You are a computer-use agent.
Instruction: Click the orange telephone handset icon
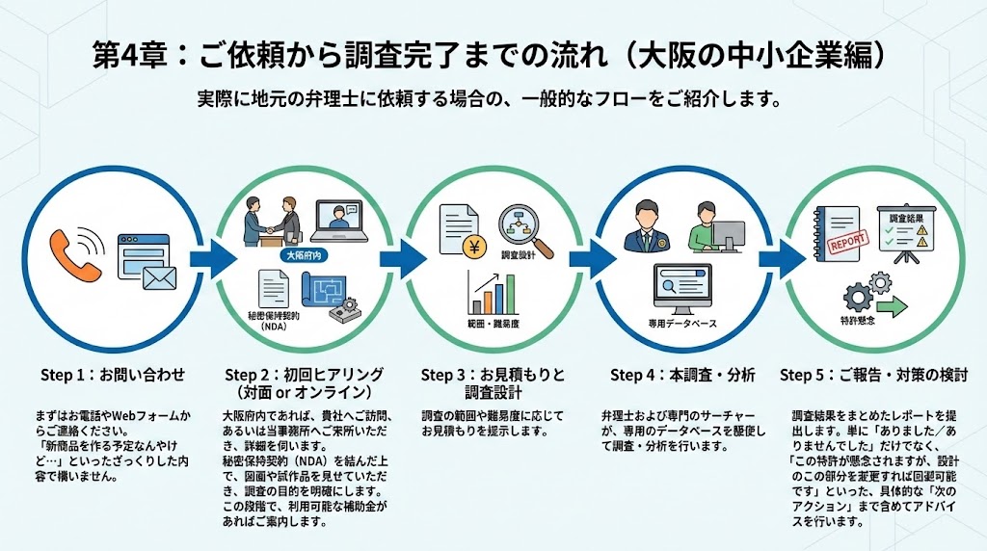[x=75, y=255]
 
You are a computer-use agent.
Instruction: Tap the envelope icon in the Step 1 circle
[x=159, y=277]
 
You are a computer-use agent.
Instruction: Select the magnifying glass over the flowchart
[x=525, y=232]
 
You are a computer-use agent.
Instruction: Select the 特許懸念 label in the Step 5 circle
[x=857, y=320]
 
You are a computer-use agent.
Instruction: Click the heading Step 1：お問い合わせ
[x=112, y=374]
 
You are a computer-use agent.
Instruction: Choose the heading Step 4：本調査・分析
[x=682, y=374]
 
